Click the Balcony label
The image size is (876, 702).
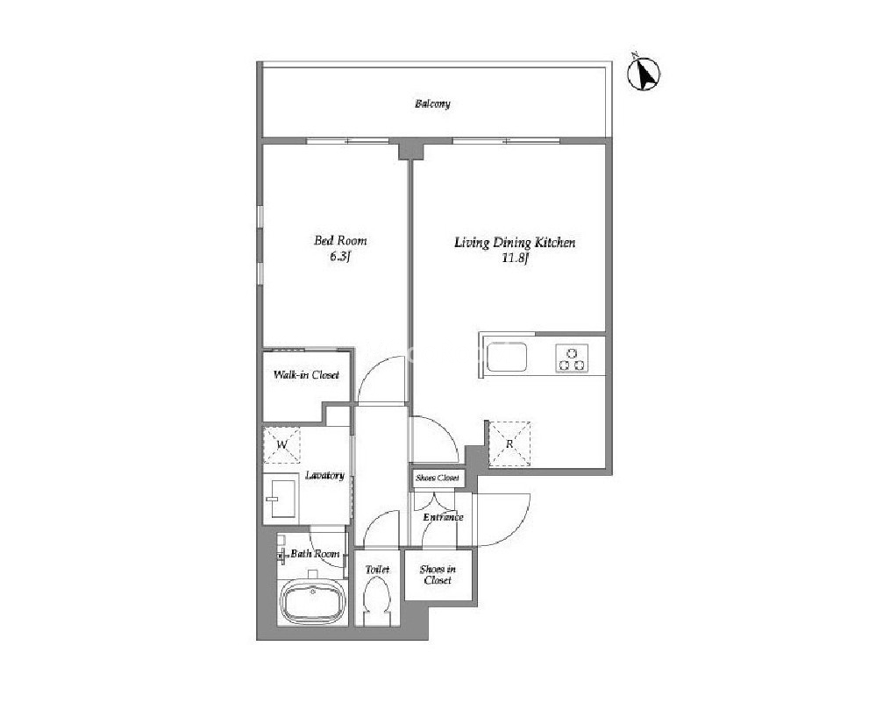pos(432,104)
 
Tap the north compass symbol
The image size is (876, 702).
pos(645,73)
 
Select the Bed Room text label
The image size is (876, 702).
pos(340,241)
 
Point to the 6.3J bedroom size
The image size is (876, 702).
pos(340,257)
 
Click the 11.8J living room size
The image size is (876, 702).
pos(515,259)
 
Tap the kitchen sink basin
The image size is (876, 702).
pos(506,357)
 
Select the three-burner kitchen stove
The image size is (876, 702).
pos(572,358)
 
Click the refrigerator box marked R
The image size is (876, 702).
pos(509,444)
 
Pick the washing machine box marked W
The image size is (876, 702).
pos(282,445)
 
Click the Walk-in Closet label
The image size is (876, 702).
pos(306,375)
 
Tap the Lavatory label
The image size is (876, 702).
pos(324,475)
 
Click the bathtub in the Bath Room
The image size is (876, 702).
pos(313,603)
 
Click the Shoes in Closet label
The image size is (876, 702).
pos(438,575)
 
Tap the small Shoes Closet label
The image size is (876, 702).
pos(438,478)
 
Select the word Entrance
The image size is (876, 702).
pos(443,517)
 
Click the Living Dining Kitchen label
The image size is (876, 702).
pos(515,243)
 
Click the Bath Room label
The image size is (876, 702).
pos(315,554)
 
